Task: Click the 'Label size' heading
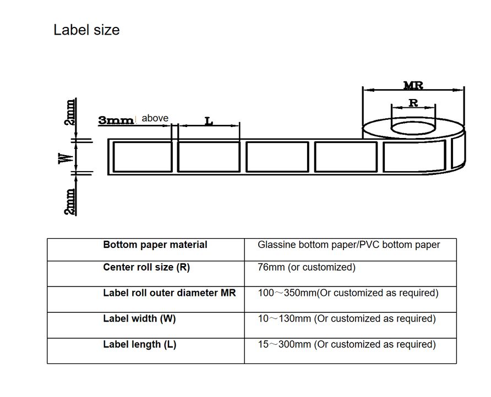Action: (x=86, y=30)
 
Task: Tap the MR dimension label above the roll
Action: (x=413, y=85)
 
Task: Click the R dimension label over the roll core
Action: (x=413, y=103)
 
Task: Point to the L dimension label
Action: (x=209, y=120)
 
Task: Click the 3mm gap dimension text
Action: (x=116, y=120)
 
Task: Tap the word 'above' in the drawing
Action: (x=155, y=118)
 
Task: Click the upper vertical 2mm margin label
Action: (x=70, y=113)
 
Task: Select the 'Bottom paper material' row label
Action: (x=155, y=245)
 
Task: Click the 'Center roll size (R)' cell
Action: (x=146, y=268)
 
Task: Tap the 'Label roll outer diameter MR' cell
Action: (x=170, y=293)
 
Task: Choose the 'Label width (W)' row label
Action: (x=139, y=318)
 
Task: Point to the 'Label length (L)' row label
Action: (x=140, y=344)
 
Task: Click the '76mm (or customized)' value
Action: (x=307, y=268)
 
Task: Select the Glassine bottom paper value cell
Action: (x=349, y=245)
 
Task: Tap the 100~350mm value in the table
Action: (x=348, y=293)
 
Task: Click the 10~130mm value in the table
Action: (x=347, y=318)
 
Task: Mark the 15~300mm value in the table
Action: (x=347, y=344)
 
